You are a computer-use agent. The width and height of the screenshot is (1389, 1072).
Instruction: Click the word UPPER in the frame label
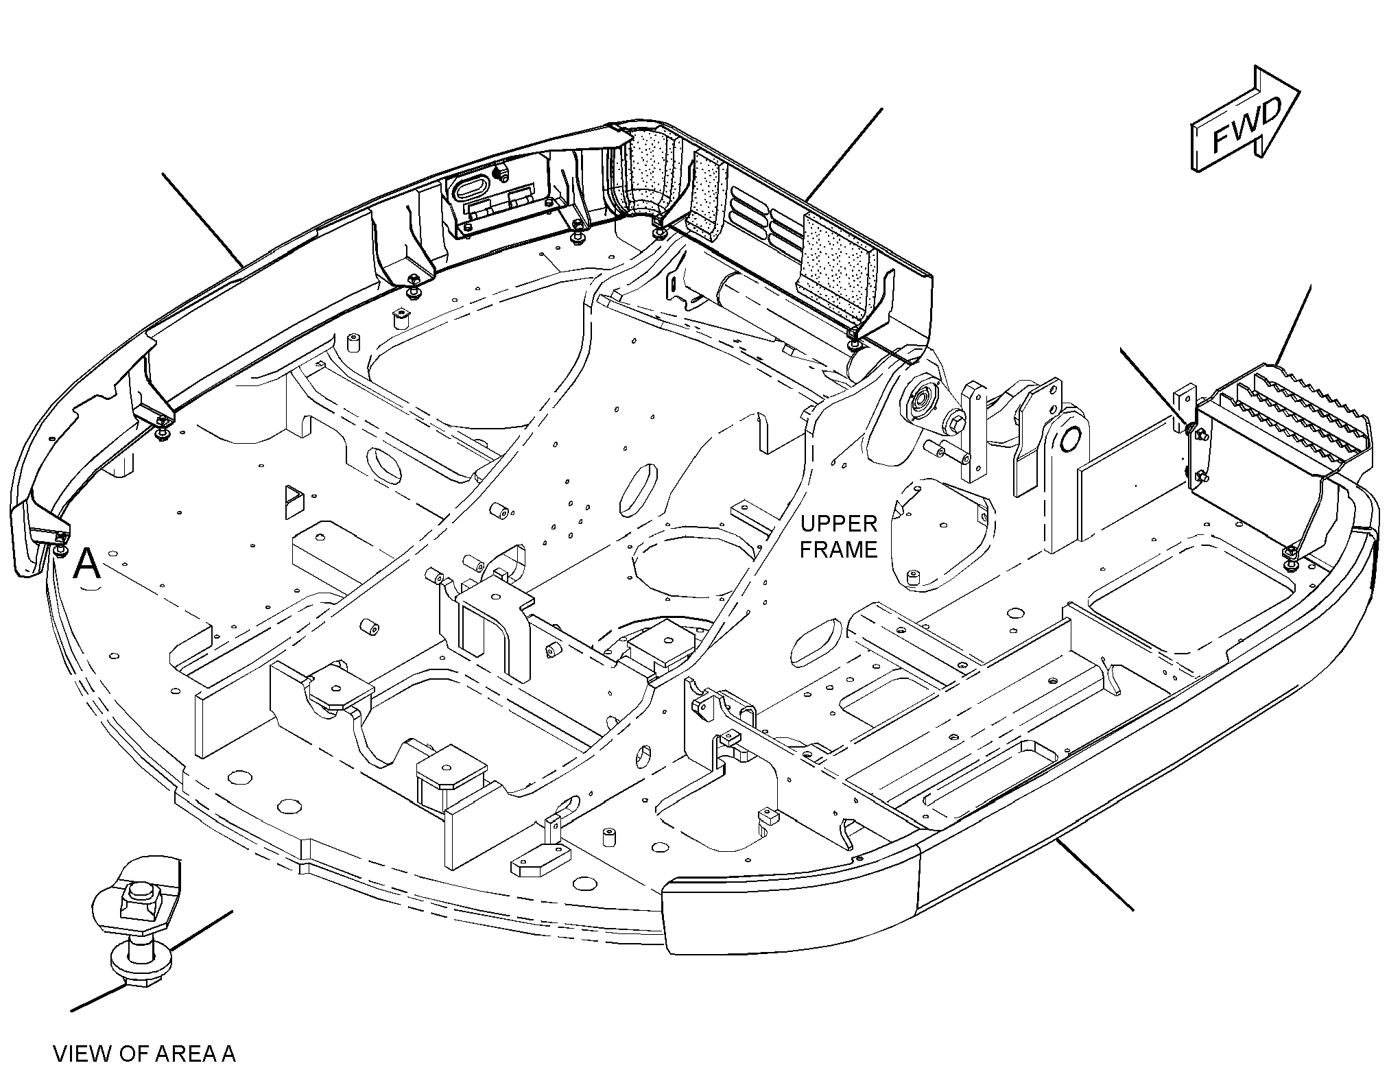point(839,525)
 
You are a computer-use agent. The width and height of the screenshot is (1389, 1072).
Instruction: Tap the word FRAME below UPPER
point(839,549)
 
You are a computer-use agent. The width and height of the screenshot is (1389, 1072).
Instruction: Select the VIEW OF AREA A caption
point(144,1053)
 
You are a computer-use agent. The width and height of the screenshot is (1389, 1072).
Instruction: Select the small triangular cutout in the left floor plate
point(294,501)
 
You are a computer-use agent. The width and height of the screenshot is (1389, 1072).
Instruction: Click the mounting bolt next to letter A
point(61,545)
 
